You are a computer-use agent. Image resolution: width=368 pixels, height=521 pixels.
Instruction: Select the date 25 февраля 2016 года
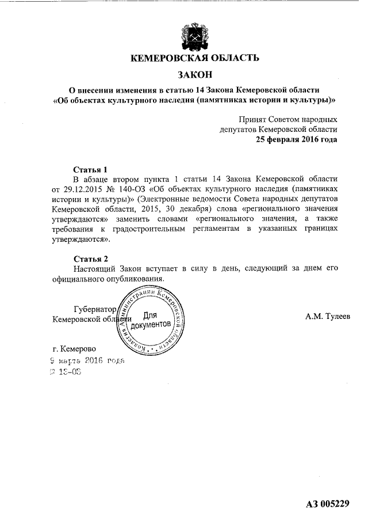296,139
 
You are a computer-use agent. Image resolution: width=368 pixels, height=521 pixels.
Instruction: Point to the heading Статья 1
91,170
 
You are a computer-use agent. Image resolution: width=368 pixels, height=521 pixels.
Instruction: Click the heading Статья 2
91,258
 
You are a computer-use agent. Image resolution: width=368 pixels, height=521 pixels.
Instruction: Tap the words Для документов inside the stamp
151,320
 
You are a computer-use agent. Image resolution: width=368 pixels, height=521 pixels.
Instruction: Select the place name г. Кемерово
74,348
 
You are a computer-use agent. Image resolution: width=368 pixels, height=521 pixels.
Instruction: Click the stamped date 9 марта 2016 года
87,361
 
